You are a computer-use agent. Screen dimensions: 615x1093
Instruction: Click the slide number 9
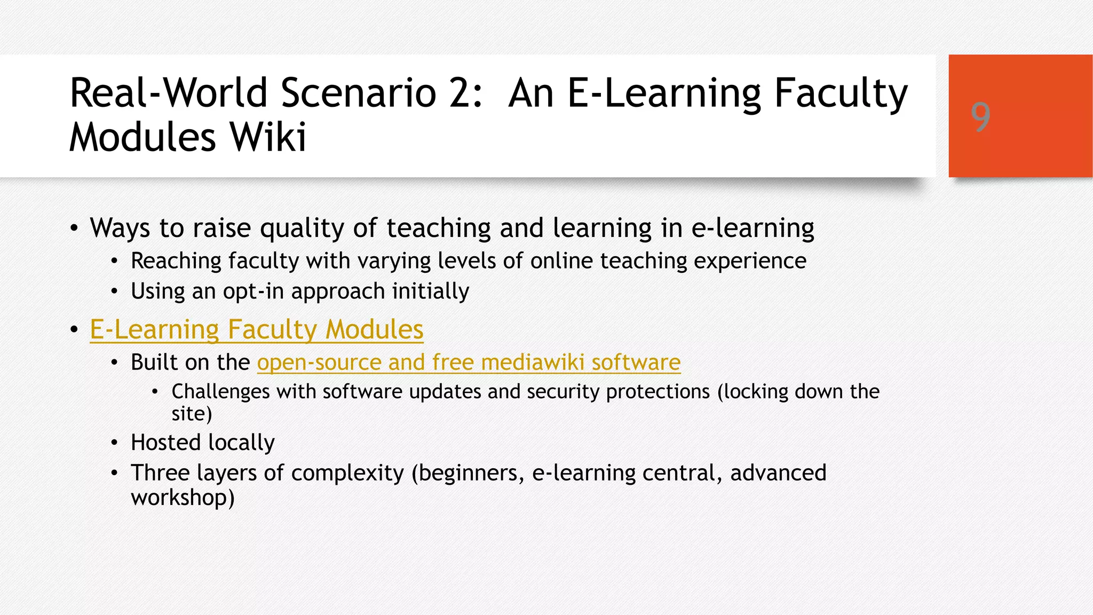(x=980, y=117)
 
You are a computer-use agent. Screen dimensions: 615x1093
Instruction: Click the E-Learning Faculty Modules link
(x=256, y=329)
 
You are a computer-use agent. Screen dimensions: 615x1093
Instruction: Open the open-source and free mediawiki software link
(x=469, y=362)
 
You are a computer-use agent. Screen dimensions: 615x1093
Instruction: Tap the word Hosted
(x=165, y=443)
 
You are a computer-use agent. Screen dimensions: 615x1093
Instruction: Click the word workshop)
(x=183, y=498)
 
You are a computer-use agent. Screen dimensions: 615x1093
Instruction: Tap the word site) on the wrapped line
(x=192, y=414)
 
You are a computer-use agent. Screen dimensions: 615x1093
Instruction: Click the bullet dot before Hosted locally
(x=114, y=443)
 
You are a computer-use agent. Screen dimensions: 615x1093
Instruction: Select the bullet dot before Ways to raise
(x=74, y=228)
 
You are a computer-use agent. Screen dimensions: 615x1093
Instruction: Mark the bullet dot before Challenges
(x=155, y=392)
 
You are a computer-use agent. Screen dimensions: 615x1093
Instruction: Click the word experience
(x=750, y=261)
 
